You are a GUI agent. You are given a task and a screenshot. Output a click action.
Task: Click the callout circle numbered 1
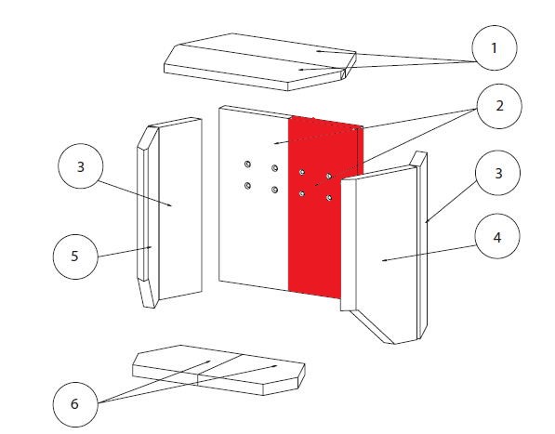pyautogui.click(x=495, y=47)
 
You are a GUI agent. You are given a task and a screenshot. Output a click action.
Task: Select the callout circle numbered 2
pyautogui.click(x=499, y=106)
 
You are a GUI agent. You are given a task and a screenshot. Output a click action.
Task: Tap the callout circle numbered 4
pyautogui.click(x=497, y=236)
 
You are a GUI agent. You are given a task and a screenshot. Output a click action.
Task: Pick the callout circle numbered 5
pyautogui.click(x=75, y=256)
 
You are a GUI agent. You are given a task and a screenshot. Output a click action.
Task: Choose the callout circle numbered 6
pyautogui.click(x=75, y=404)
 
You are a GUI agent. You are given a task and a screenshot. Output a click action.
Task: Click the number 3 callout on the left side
pyautogui.click(x=80, y=166)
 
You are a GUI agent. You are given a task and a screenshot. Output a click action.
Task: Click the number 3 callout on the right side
pyautogui.click(x=498, y=173)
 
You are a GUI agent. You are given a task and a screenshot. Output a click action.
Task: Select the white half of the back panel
pyautogui.click(x=254, y=198)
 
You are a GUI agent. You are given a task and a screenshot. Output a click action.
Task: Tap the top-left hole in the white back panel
pyautogui.click(x=247, y=164)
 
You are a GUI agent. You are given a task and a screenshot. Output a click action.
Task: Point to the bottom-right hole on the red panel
pyautogui.click(x=329, y=198)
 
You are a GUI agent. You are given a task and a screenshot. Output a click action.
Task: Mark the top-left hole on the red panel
pyautogui.click(x=301, y=172)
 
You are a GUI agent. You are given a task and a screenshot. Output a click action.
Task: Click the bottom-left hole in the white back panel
pyautogui.click(x=247, y=185)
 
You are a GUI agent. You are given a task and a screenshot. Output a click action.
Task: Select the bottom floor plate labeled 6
pyautogui.click(x=218, y=370)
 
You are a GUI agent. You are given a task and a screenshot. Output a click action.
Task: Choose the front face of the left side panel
pyautogui.click(x=180, y=209)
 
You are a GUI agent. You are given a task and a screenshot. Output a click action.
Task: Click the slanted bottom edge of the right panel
pyautogui.click(x=372, y=326)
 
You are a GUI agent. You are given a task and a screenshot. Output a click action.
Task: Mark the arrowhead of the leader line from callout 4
pyautogui.click(x=384, y=260)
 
